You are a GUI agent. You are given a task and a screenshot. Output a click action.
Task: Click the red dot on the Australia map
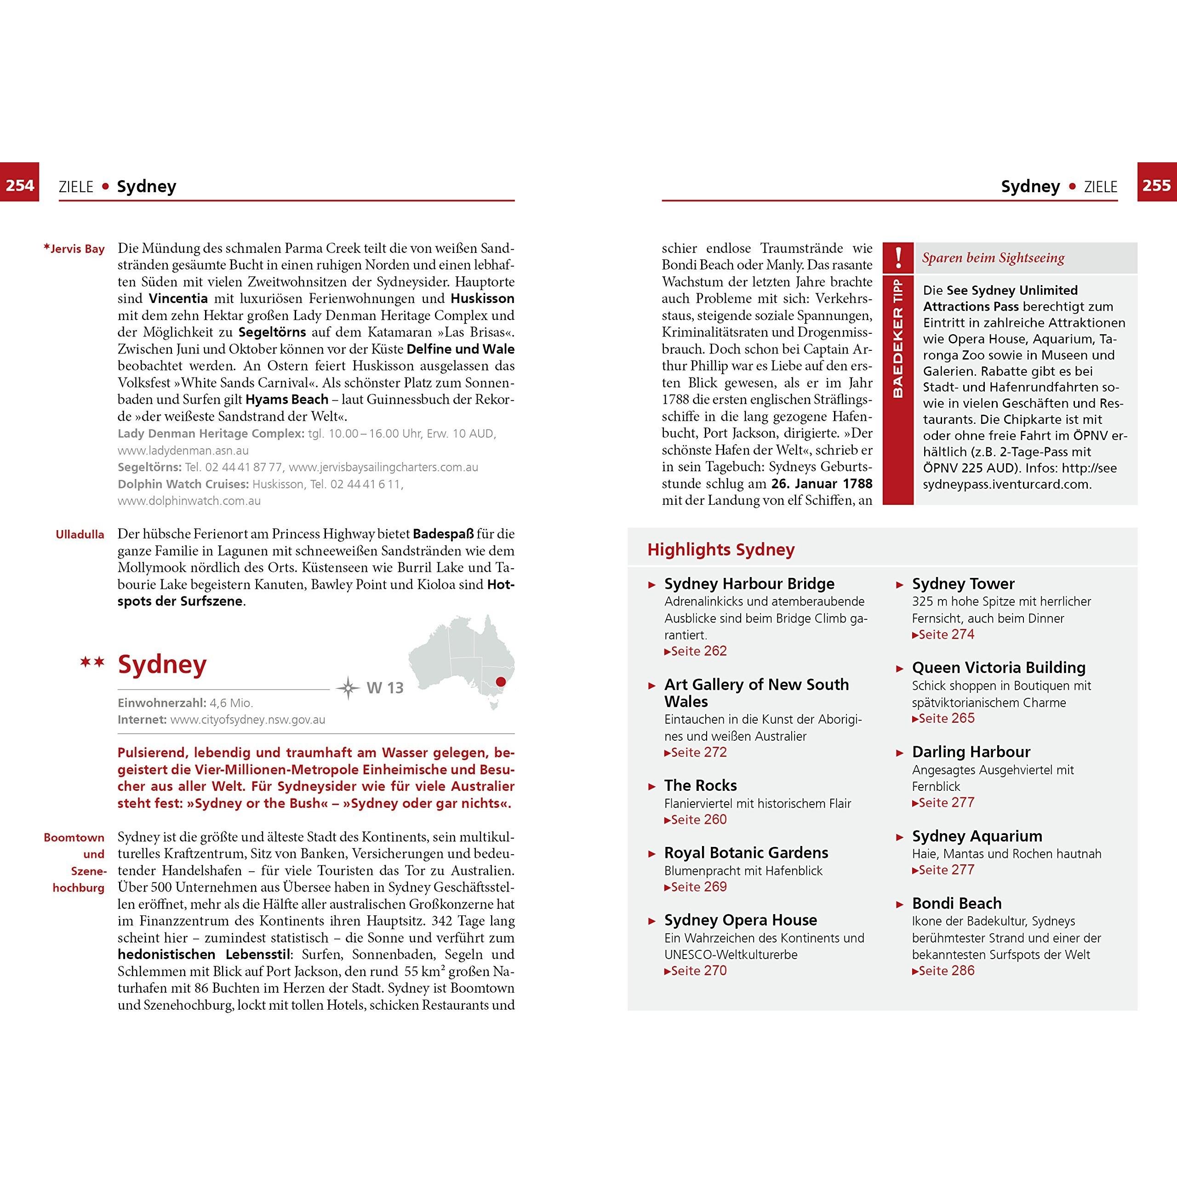(501, 682)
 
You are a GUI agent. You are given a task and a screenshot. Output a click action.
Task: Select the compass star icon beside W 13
(348, 688)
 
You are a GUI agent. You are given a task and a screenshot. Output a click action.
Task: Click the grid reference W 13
(385, 688)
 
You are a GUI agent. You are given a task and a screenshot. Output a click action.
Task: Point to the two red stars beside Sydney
(92, 662)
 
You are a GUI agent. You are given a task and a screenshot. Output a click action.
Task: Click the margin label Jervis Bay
(74, 249)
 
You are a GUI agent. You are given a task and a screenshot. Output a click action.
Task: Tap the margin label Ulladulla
(80, 534)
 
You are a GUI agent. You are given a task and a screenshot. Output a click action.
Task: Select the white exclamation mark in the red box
(898, 257)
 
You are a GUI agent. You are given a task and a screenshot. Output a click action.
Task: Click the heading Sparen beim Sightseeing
(993, 257)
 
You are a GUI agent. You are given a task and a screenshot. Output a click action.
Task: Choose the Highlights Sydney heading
(721, 549)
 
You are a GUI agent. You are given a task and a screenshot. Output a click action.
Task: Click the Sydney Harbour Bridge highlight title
(749, 583)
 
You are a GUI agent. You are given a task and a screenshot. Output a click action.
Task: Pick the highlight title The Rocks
(701, 785)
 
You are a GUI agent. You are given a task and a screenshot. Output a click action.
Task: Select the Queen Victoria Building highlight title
(999, 668)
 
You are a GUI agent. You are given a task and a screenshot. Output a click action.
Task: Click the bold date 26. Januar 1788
(821, 484)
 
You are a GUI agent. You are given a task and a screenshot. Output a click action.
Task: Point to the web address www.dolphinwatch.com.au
(189, 501)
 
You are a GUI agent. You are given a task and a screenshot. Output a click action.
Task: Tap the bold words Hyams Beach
(287, 400)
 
